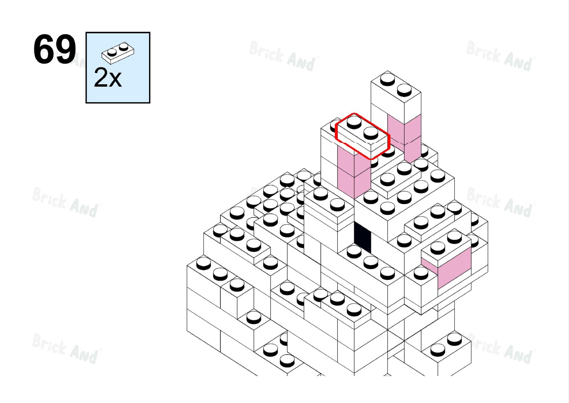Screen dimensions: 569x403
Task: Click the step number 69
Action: coord(55,49)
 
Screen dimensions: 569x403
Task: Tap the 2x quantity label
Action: coord(108,78)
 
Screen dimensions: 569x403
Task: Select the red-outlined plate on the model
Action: coord(362,136)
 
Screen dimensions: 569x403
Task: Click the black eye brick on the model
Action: coord(362,237)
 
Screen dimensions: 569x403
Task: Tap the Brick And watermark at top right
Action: coord(501,56)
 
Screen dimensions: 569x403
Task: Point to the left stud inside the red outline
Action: coord(354,122)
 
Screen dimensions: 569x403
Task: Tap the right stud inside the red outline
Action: coord(371,132)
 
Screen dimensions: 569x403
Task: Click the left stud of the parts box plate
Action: coord(112,52)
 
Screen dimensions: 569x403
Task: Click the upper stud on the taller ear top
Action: coord(387,79)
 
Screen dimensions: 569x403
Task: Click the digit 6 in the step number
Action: coord(44,49)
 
